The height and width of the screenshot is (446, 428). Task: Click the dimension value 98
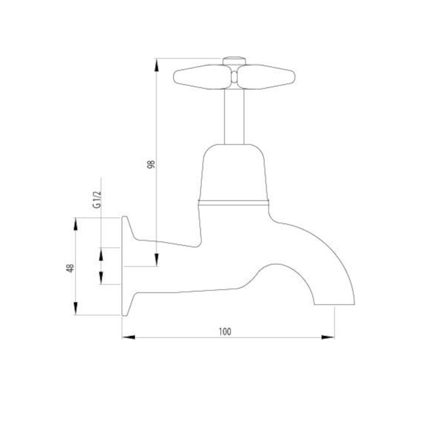pos(151,164)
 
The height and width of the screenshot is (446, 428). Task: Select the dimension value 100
pos(225,332)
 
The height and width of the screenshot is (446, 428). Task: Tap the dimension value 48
pos(70,268)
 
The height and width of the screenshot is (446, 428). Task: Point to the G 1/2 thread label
pos(97,199)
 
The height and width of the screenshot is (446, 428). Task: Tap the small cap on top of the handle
pos(234,61)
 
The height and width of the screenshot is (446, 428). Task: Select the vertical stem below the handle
pos(234,117)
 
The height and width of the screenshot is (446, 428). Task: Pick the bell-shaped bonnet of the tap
pos(234,172)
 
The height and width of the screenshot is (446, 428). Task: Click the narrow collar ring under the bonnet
pos(234,203)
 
